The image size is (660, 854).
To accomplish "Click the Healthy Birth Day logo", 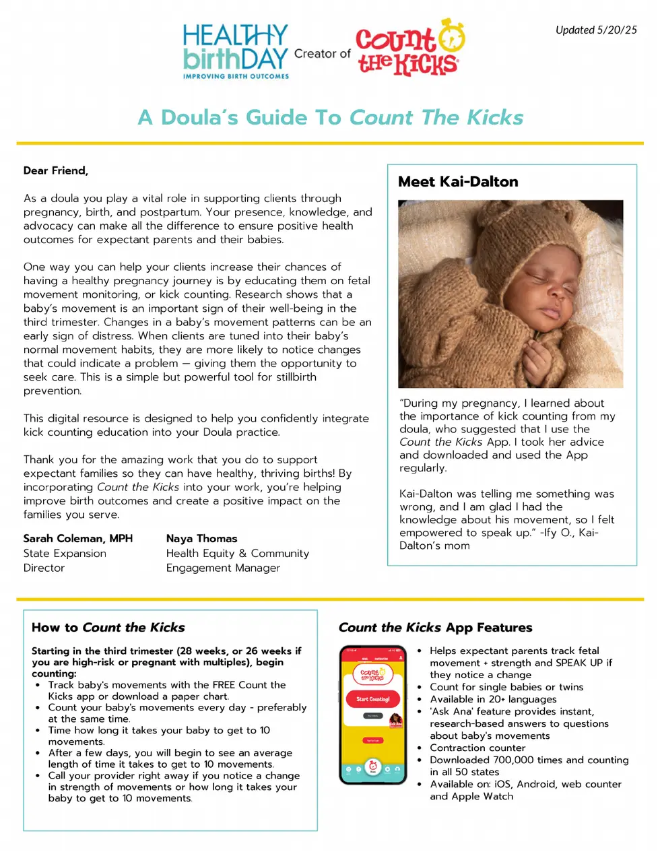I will click(x=235, y=51).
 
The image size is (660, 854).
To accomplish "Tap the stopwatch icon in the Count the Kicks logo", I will click(x=452, y=36).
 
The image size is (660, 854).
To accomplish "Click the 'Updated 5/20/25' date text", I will click(x=595, y=30).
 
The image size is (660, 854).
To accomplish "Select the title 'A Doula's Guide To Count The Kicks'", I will click(x=330, y=117).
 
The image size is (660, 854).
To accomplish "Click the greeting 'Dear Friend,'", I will click(x=56, y=170).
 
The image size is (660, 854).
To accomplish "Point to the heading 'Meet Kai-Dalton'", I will click(x=458, y=182).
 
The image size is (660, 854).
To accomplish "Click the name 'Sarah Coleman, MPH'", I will click(x=78, y=538).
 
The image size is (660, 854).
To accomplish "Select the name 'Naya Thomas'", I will click(x=201, y=538).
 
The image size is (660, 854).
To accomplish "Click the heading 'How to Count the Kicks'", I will click(x=108, y=627).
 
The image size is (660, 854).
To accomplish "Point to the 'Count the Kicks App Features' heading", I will click(x=435, y=627).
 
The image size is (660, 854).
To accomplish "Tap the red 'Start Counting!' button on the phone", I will click(x=372, y=699).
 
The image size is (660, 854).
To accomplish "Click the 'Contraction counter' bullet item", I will click(x=477, y=748).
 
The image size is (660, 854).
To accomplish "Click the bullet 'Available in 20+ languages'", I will click(x=493, y=699).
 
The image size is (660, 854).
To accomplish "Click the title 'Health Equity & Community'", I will click(x=238, y=553).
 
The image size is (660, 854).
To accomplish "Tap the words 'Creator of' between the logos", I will click(x=322, y=53).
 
